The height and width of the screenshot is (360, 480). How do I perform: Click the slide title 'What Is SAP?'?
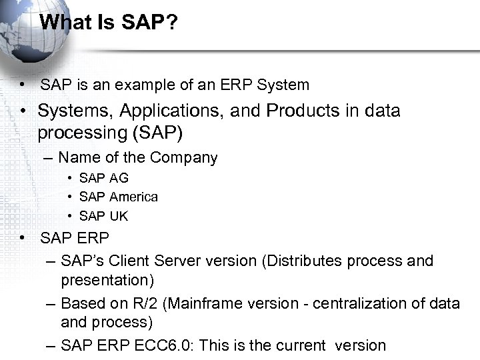[x=109, y=22]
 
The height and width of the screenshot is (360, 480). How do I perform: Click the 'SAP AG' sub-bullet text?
[x=103, y=178]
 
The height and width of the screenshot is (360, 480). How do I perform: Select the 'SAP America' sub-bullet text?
[x=118, y=197]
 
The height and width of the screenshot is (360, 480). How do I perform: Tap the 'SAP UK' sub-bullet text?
[x=103, y=216]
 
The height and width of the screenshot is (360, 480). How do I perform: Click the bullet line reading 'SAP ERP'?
[x=75, y=238]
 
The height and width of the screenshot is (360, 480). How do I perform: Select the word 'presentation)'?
[x=107, y=280]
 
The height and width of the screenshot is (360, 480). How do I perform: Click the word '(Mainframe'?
[x=200, y=304]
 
